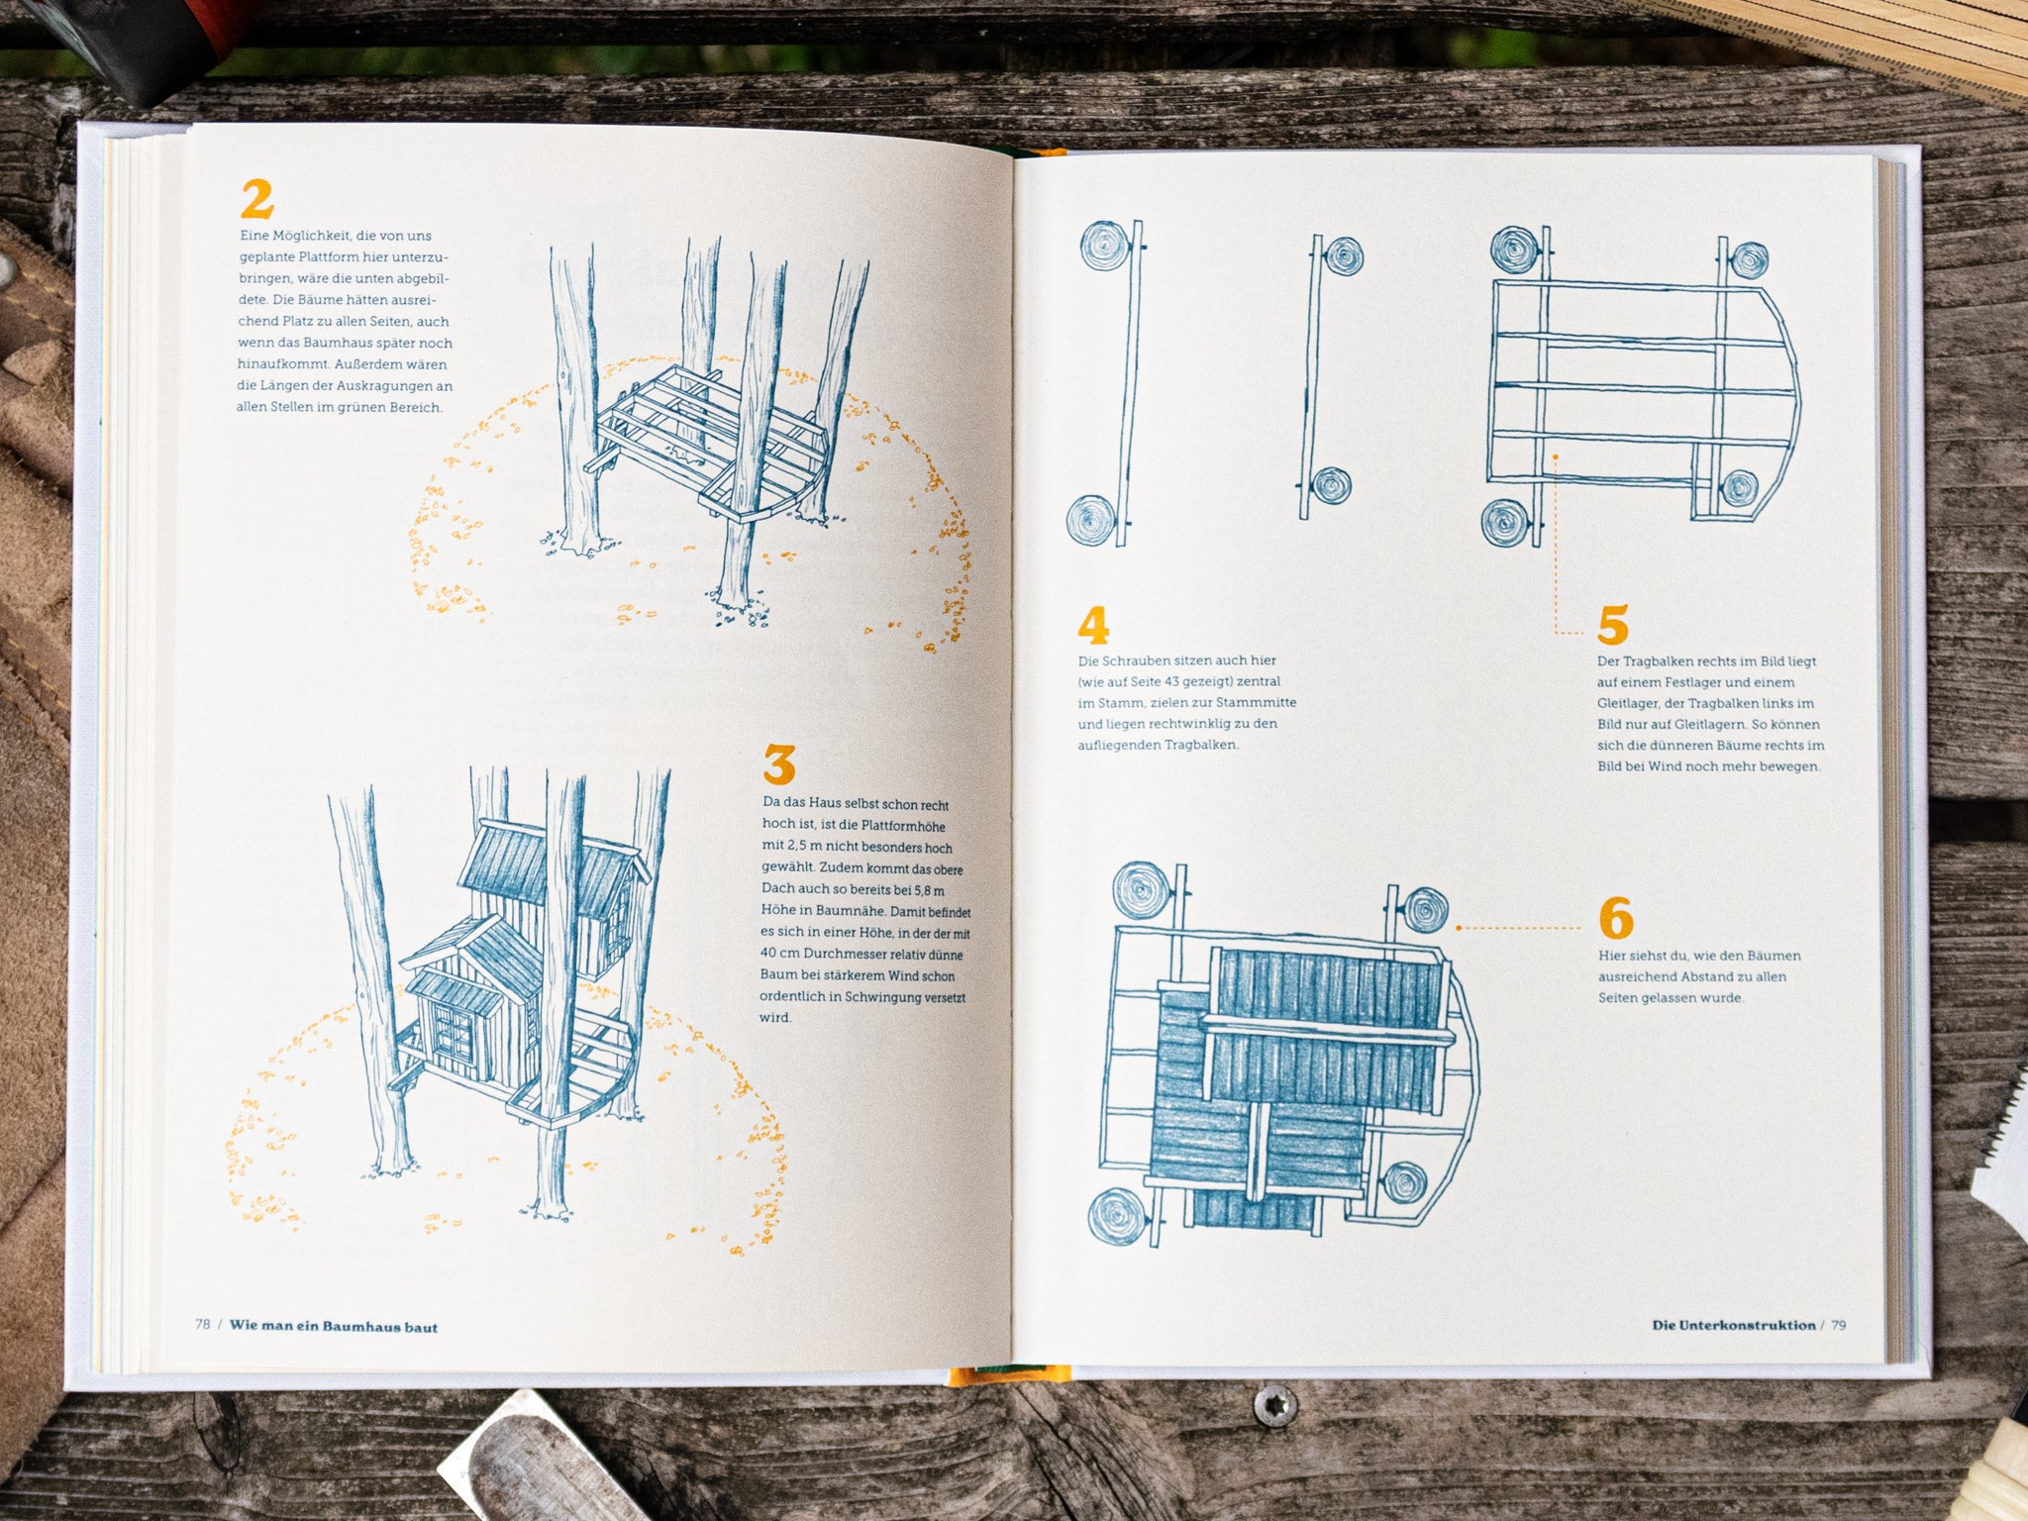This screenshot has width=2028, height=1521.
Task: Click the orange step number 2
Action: click(x=256, y=199)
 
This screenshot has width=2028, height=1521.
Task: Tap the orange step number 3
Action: click(x=779, y=764)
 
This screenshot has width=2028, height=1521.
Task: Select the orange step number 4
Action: click(x=1093, y=625)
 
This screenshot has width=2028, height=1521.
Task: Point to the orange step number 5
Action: click(x=1613, y=625)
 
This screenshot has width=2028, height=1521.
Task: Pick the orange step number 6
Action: click(x=1616, y=919)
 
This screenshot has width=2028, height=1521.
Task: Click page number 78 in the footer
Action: click(x=202, y=1325)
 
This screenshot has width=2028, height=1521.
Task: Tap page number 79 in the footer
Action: click(x=1838, y=1325)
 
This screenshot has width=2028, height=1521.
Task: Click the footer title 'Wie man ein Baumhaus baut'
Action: click(x=334, y=1326)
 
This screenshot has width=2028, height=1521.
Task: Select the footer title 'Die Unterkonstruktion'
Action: click(x=1734, y=1325)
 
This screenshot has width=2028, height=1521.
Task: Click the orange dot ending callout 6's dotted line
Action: click(x=1459, y=928)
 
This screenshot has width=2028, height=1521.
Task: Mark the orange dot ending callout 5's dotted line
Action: click(x=1556, y=456)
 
